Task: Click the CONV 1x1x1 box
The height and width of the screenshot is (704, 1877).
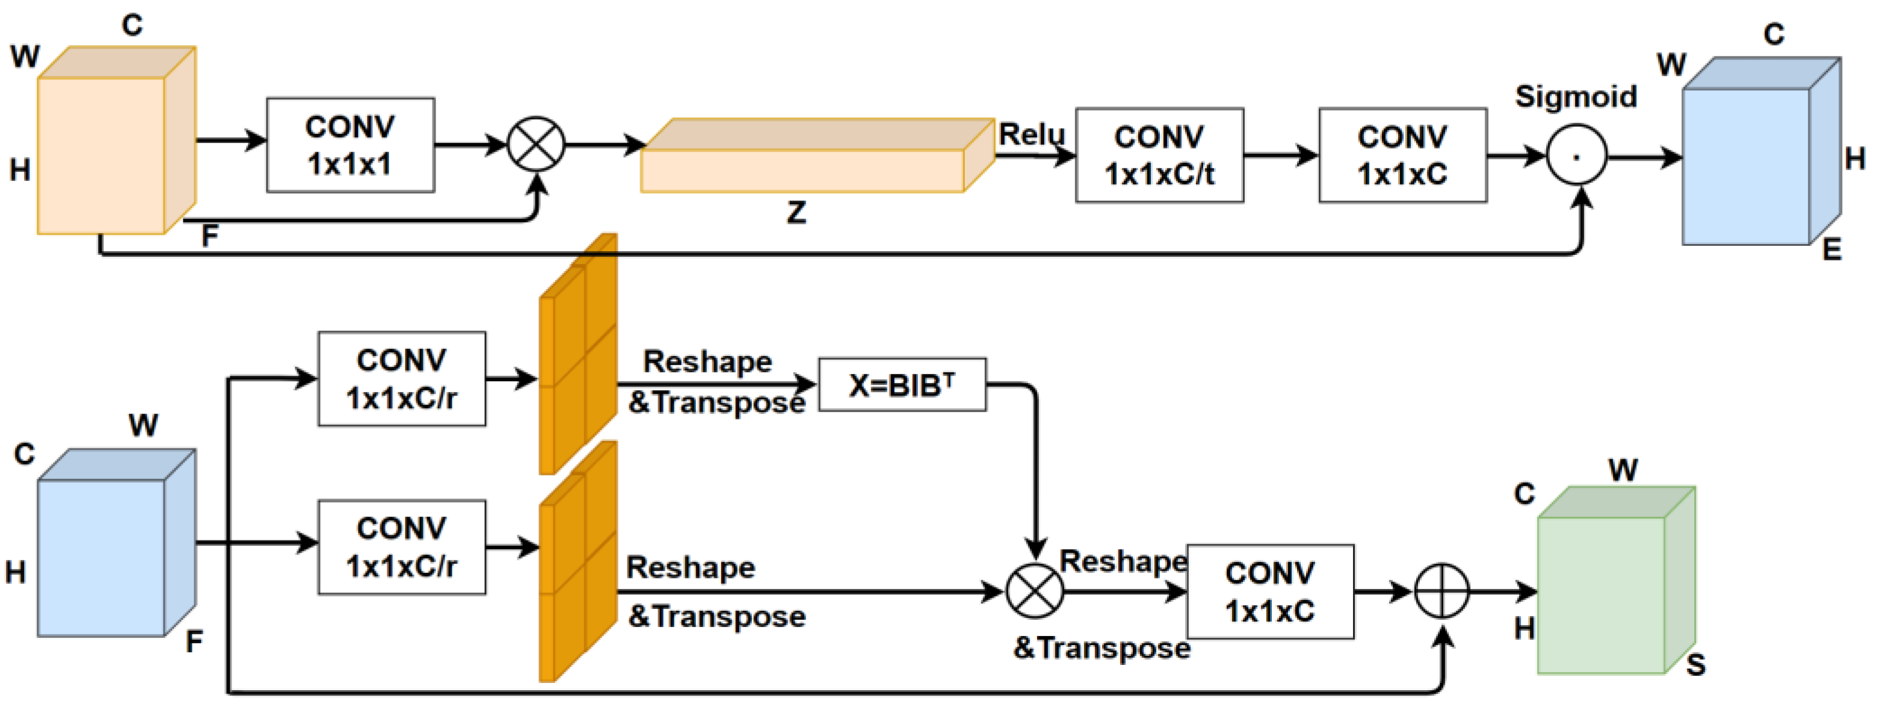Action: pyautogui.click(x=351, y=145)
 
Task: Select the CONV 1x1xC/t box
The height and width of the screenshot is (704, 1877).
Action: pyautogui.click(x=1159, y=155)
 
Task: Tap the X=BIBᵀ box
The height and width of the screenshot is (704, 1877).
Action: pyautogui.click(x=902, y=384)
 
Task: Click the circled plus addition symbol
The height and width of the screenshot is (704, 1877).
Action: pyautogui.click(x=1442, y=591)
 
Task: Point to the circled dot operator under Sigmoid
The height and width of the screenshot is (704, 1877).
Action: pyautogui.click(x=1577, y=156)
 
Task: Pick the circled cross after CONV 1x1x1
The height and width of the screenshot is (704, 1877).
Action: pyautogui.click(x=536, y=144)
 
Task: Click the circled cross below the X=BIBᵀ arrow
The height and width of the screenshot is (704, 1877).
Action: pyautogui.click(x=1035, y=591)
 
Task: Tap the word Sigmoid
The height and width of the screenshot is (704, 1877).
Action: pyautogui.click(x=1576, y=96)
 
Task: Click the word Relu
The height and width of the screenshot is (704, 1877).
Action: pyautogui.click(x=1031, y=134)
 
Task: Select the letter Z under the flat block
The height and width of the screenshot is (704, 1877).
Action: pyautogui.click(x=797, y=213)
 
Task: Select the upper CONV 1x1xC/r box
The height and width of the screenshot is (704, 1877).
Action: pyautogui.click(x=401, y=379)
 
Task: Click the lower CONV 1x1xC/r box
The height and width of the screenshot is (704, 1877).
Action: pyautogui.click(x=401, y=546)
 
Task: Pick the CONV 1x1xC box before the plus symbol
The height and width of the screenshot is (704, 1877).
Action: pyautogui.click(x=1270, y=591)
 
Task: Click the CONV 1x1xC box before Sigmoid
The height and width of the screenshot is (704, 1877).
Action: pyautogui.click(x=1403, y=155)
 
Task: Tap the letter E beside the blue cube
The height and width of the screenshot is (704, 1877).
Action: pyautogui.click(x=1832, y=249)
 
